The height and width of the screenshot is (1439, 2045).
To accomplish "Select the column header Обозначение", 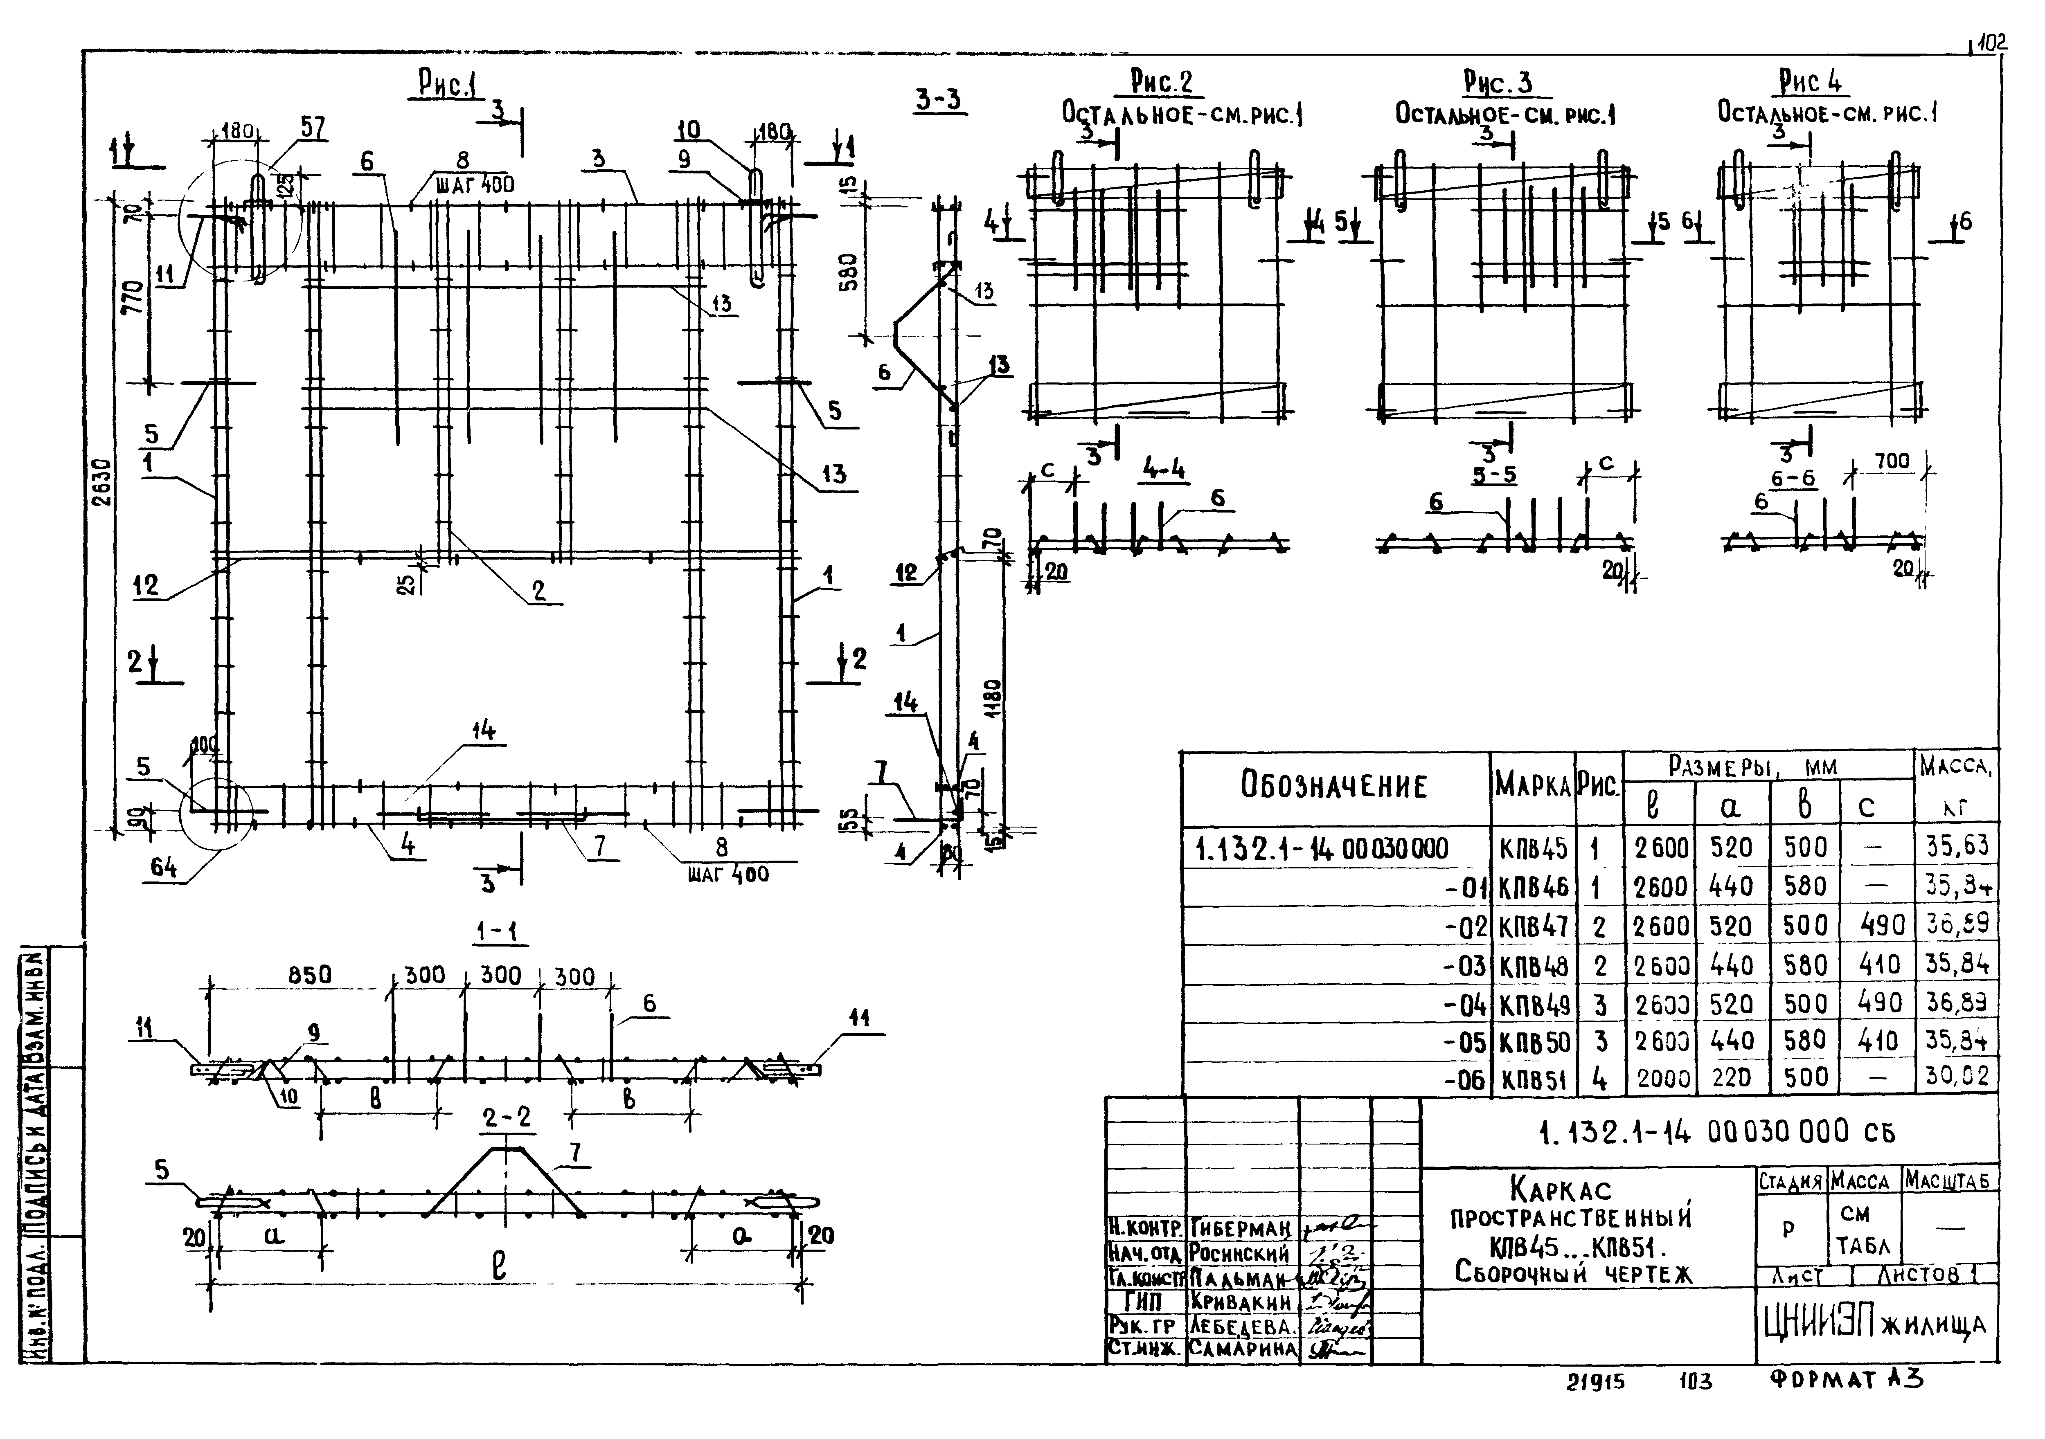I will [1334, 786].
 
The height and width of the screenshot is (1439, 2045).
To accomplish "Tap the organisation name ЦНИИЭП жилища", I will [1875, 1325].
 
